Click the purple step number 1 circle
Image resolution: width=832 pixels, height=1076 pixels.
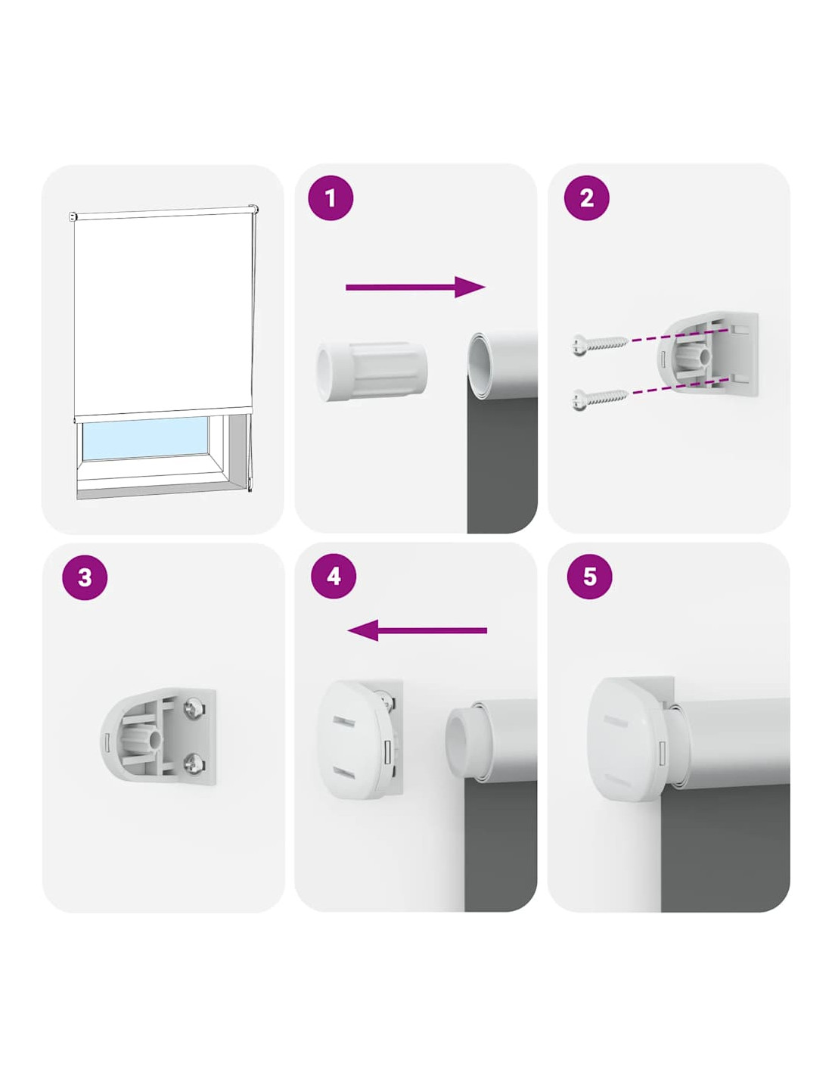[x=331, y=198]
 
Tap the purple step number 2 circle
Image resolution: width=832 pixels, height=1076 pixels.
[x=586, y=198]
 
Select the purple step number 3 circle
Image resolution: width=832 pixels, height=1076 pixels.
[x=85, y=577]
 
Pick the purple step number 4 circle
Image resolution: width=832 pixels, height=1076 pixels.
[x=334, y=577]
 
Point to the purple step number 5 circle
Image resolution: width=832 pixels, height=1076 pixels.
[x=589, y=577]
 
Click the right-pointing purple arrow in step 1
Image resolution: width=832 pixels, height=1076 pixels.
[x=415, y=288]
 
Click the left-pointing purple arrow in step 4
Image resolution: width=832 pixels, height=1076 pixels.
[x=418, y=630]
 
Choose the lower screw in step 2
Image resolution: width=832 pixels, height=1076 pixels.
[x=600, y=399]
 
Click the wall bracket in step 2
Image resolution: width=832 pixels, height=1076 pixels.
[x=707, y=354]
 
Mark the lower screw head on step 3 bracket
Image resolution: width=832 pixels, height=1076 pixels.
[x=193, y=763]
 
